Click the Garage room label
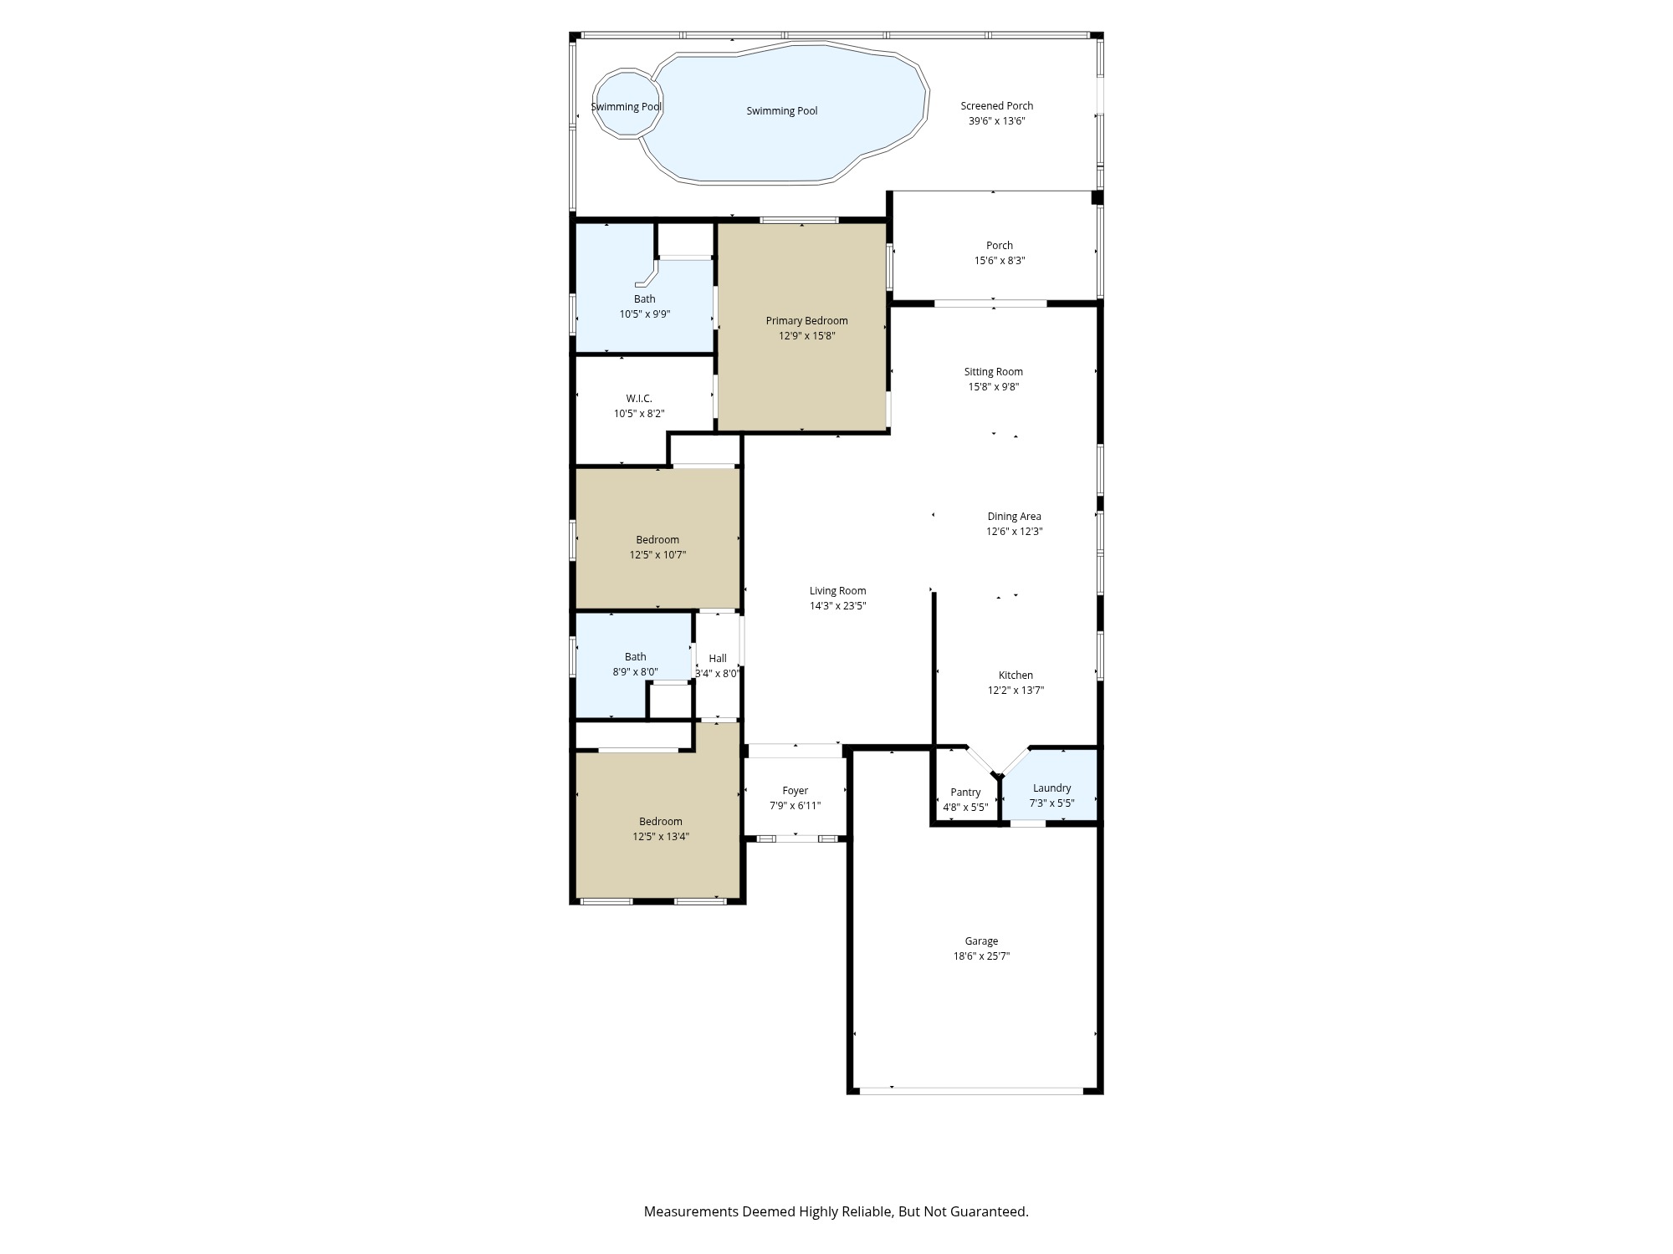981,941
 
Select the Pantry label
965,793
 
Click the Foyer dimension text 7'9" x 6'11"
795,806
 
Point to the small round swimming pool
627,105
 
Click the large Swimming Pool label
781,111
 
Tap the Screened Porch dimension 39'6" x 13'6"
996,121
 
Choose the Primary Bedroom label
806,321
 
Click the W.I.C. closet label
639,399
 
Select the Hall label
718,659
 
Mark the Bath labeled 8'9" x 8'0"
635,664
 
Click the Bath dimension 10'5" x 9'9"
644,314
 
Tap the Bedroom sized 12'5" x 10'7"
657,547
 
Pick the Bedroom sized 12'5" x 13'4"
660,828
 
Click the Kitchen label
1016,675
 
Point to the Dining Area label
1014,517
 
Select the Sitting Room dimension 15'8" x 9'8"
993,387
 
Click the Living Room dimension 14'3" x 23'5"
837,606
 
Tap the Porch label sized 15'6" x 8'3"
999,246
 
